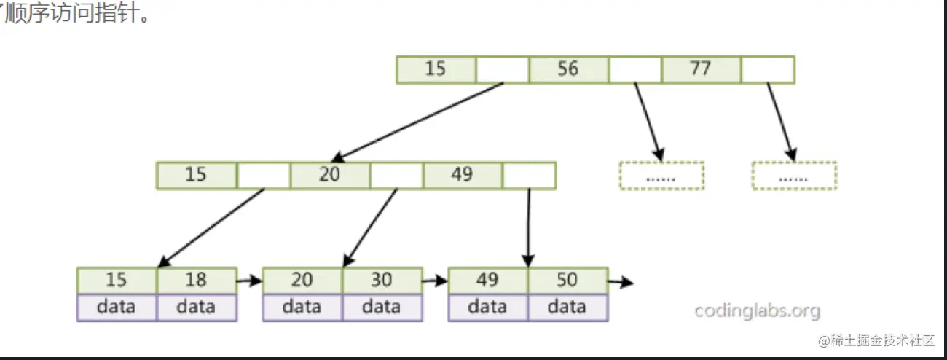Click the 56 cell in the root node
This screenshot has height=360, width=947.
[568, 69]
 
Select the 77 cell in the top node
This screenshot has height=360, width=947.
[701, 69]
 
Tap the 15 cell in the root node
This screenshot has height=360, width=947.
[436, 69]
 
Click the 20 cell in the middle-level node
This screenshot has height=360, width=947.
[329, 176]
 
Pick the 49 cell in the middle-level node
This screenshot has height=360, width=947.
[462, 176]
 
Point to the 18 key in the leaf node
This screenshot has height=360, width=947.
[196, 281]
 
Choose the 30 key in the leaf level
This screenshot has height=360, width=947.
[382, 281]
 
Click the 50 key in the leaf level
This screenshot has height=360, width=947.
[567, 281]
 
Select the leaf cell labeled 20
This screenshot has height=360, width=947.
[302, 281]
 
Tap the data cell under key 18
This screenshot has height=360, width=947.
[196, 307]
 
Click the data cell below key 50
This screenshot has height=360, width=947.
[567, 307]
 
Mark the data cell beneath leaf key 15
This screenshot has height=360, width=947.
[117, 307]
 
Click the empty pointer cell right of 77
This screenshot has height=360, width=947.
[767, 69]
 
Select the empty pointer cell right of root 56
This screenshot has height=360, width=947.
[634, 69]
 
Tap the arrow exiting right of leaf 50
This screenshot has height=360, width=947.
[620, 281]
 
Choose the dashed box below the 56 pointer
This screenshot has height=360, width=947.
[661, 176]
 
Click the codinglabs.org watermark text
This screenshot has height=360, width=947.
[757, 312]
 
